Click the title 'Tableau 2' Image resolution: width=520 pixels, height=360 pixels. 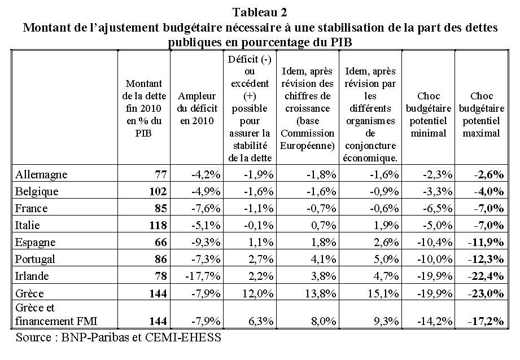[260, 11]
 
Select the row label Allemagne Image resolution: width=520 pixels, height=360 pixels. [39, 174]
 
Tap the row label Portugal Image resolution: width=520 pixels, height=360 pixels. [35, 259]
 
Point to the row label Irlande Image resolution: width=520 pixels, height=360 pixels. [32, 276]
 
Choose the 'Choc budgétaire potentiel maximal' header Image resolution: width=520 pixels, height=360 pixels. [481, 115]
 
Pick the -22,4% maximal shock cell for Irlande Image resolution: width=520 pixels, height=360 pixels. [489, 276]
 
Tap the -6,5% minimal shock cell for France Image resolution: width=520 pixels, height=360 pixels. [437, 208]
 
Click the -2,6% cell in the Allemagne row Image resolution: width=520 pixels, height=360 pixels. [491, 174]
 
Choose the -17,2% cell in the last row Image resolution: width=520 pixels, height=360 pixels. [489, 321]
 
